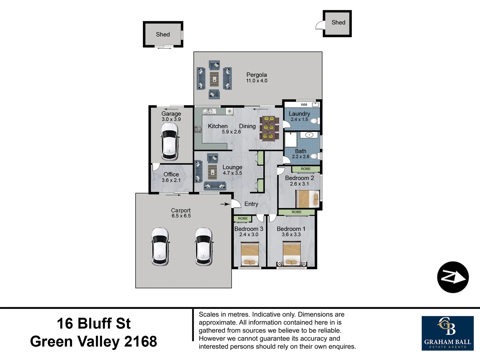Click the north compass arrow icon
[453, 277]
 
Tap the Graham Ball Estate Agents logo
[447, 333]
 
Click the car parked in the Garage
[170, 142]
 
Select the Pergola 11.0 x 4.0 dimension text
[257, 81]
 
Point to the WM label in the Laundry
[304, 105]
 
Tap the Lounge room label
[232, 167]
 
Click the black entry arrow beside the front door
[225, 204]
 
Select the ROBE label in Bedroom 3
[243, 219]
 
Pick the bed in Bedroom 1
[292, 254]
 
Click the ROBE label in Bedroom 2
[305, 169]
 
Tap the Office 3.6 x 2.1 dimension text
[171, 180]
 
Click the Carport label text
[181, 210]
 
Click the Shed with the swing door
[338, 23]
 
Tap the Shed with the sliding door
[163, 34]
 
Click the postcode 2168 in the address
[140, 341]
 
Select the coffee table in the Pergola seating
[214, 79]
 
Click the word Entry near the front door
[251, 204]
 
